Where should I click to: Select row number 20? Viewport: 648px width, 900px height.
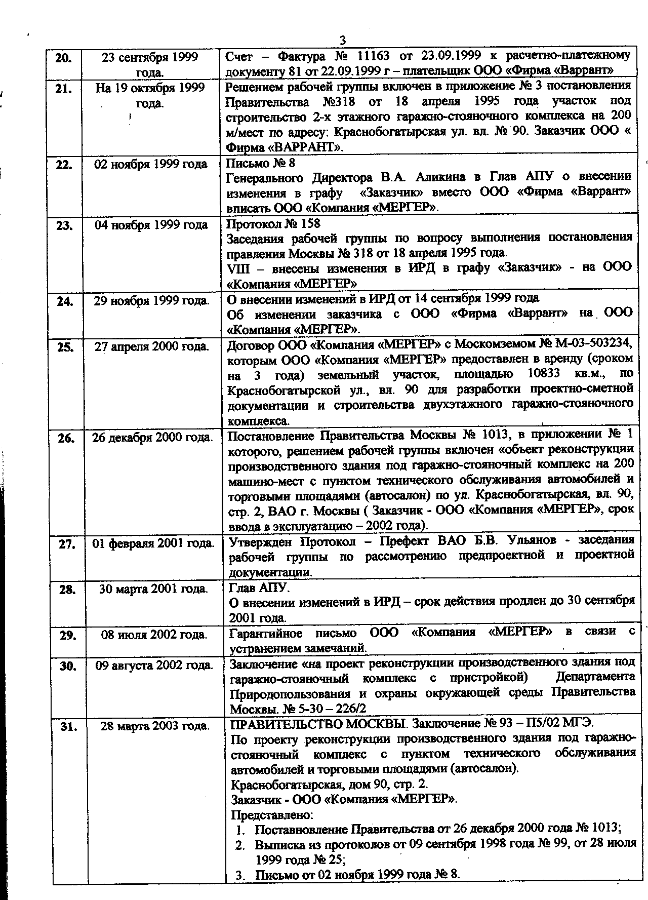[63, 58]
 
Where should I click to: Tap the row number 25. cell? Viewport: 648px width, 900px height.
[65, 347]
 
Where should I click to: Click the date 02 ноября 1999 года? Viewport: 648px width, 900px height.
[151, 164]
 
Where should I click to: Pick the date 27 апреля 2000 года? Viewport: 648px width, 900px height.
[152, 347]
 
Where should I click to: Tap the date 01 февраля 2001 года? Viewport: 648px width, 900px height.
[153, 543]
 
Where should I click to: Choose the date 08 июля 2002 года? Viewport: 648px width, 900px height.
[154, 635]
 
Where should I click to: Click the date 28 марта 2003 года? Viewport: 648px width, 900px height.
[155, 726]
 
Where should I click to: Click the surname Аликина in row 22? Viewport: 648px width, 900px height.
[444, 177]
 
